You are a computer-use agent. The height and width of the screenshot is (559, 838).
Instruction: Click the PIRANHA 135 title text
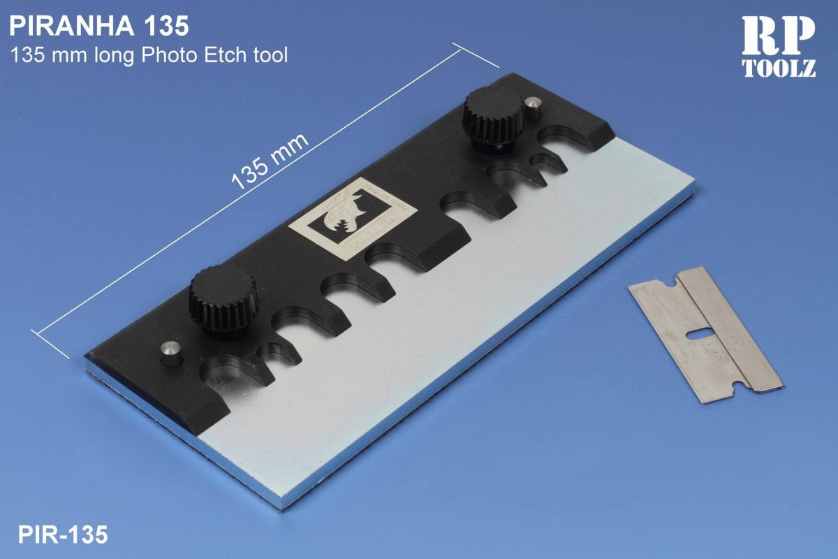[98, 26]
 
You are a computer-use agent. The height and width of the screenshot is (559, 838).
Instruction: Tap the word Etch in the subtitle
[221, 55]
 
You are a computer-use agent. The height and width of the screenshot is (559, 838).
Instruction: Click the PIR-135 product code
[64, 535]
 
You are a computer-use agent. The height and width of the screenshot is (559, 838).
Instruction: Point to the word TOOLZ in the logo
[778, 68]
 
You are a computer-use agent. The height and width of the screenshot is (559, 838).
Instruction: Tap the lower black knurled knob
[222, 300]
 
